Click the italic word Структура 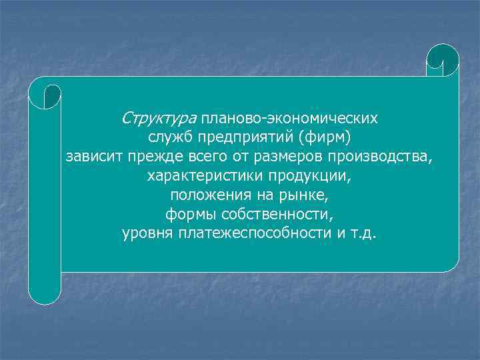click(x=159, y=119)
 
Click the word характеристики click(x=205, y=177)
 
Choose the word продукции click(x=310, y=177)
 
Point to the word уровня click(x=145, y=235)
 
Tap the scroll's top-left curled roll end click(x=45, y=92)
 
